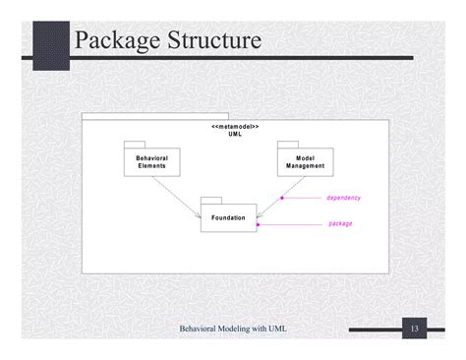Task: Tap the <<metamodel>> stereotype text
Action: pos(235,127)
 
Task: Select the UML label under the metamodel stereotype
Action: pos(235,135)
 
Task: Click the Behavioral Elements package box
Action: pos(151,162)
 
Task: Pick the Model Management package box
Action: pos(305,162)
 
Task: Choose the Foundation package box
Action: pos(228,217)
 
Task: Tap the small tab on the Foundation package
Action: pos(210,199)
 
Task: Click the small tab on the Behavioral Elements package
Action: pos(135,145)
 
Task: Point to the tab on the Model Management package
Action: pos(288,145)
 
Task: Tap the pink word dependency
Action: pos(343,198)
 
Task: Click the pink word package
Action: pos(340,223)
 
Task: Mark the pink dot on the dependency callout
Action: pos(281,198)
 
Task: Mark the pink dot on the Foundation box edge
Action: pos(258,224)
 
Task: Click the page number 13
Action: pos(415,328)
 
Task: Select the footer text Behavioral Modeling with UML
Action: pos(233,328)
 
